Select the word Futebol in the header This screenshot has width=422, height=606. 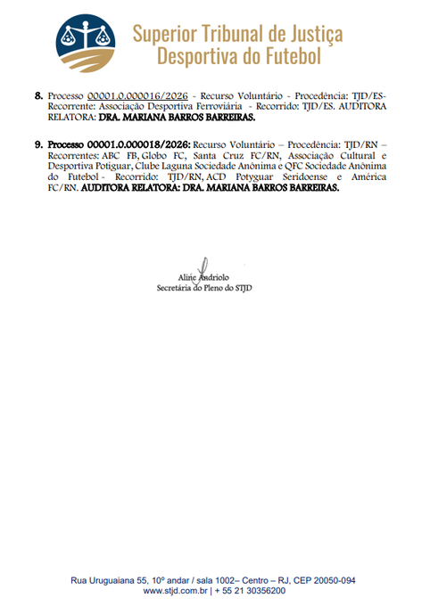click(288, 57)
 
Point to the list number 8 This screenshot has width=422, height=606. click(38, 94)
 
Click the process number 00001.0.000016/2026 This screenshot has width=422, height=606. click(137, 94)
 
